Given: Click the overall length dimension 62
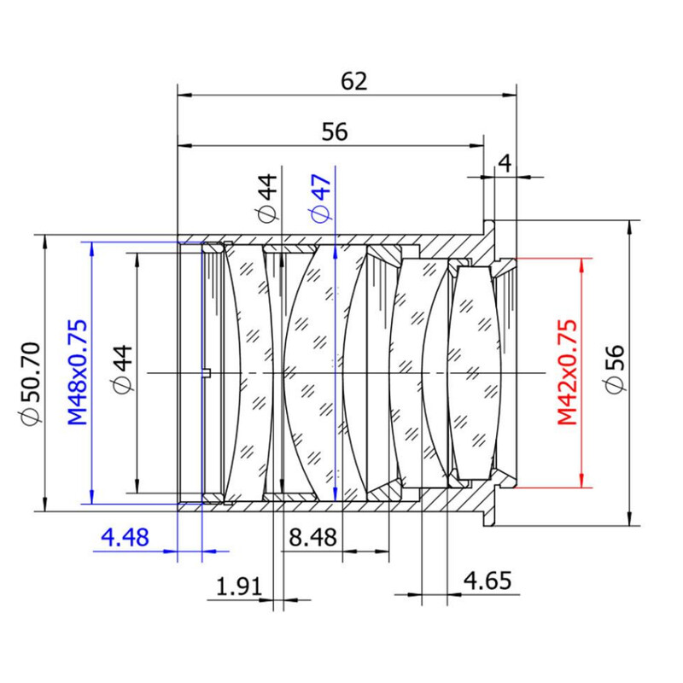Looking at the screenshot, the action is click(353, 81).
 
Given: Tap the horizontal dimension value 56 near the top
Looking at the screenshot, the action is click(335, 131).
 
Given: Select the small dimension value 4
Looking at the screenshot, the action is click(505, 163).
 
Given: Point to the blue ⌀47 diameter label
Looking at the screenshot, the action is click(322, 198).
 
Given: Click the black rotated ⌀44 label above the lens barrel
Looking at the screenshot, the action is click(266, 198).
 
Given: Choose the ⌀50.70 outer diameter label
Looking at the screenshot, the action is click(31, 383).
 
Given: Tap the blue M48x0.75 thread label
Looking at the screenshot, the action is click(77, 372).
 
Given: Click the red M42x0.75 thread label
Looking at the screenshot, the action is click(568, 372).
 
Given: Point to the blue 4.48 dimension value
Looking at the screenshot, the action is click(125, 537).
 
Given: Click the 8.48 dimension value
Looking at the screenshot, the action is click(312, 537).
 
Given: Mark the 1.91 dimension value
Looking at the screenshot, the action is click(239, 587).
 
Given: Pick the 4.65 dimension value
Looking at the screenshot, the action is click(487, 581).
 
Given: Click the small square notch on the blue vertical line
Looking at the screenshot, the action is click(207, 372).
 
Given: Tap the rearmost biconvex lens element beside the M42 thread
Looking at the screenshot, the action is click(475, 373).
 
